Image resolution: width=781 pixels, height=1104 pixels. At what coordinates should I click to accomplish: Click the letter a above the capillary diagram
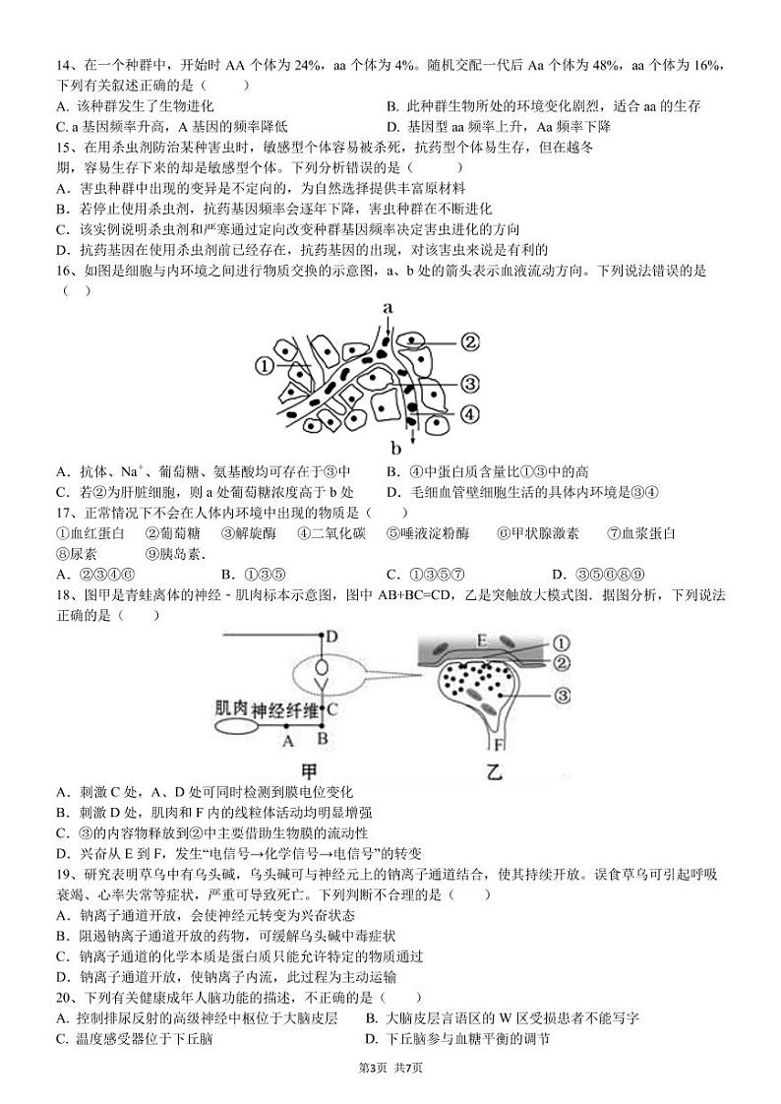tap(389, 308)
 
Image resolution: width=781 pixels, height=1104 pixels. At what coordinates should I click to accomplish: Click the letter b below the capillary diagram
tap(397, 450)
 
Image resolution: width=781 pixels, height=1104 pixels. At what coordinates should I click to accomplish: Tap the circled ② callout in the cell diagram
tap(469, 341)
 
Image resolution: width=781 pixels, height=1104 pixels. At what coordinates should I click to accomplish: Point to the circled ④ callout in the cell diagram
tap(469, 414)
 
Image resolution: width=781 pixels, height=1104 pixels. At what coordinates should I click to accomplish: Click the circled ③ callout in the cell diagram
tap(469, 383)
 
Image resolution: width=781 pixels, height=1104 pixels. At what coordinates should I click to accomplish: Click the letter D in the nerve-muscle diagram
tap(332, 637)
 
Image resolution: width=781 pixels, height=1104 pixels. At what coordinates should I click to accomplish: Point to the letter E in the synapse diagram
tap(482, 641)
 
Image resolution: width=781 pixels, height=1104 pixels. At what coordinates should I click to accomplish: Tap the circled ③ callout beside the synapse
tap(563, 696)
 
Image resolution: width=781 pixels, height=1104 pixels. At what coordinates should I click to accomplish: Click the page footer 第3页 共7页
tap(390, 1068)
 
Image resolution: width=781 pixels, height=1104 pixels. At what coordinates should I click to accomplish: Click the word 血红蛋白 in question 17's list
tap(97, 533)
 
